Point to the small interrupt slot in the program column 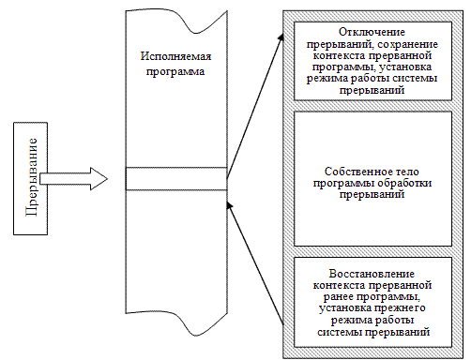pyautogui.click(x=175, y=177)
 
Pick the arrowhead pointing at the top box pyautogui.click(x=282, y=37)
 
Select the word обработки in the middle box pyautogui.click(x=406, y=185)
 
